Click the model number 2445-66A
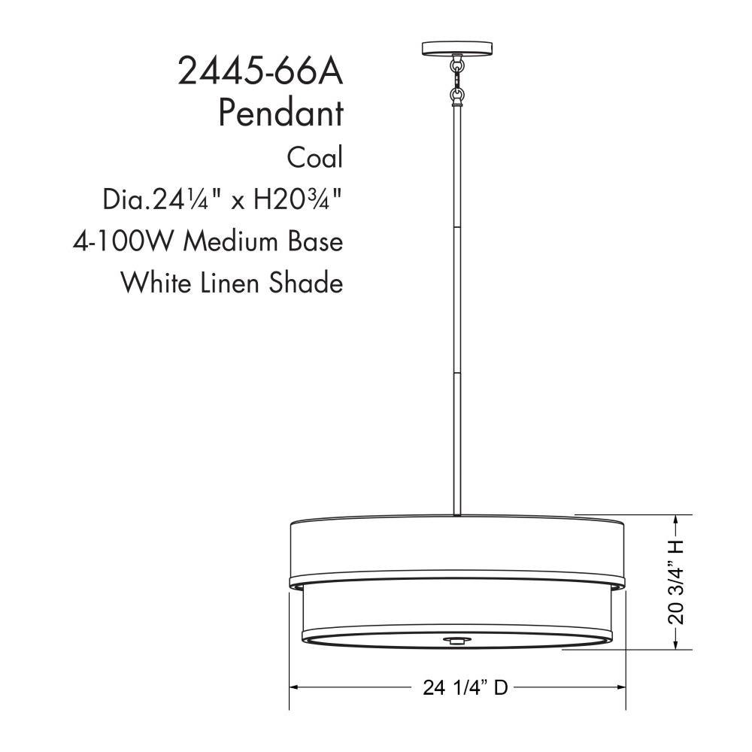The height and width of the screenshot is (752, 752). [261, 71]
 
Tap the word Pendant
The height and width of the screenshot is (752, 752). [281, 114]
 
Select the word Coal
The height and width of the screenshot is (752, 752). [315, 157]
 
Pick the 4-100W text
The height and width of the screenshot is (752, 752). [123, 241]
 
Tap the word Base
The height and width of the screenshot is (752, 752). [316, 241]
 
